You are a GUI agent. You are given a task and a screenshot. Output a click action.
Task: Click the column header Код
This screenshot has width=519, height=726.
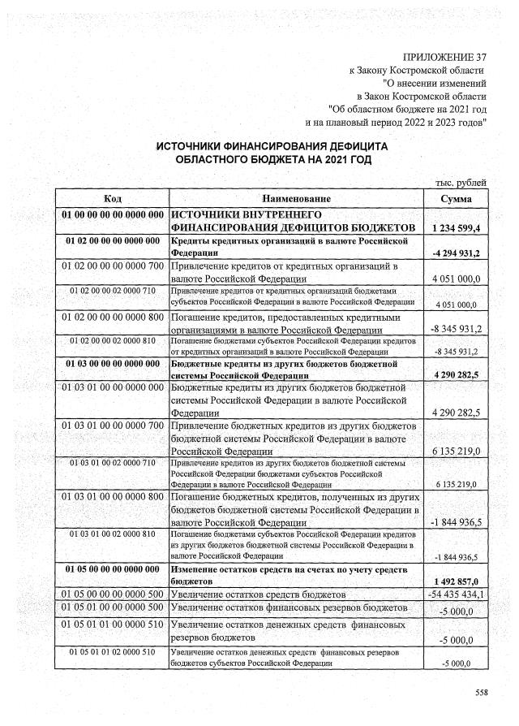[113, 199]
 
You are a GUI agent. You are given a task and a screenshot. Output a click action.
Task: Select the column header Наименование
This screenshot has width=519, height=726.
[297, 199]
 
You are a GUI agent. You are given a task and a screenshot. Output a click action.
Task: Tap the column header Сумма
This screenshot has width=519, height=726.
[457, 199]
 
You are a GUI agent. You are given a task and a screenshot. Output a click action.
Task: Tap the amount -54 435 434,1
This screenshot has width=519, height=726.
[457, 595]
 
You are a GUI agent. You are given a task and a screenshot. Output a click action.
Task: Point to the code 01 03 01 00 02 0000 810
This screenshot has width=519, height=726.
[113, 534]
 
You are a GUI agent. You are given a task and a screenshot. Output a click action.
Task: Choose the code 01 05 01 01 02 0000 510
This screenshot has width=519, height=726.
[113, 652]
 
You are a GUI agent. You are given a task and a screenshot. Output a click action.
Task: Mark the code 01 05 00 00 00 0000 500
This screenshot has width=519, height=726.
[113, 595]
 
